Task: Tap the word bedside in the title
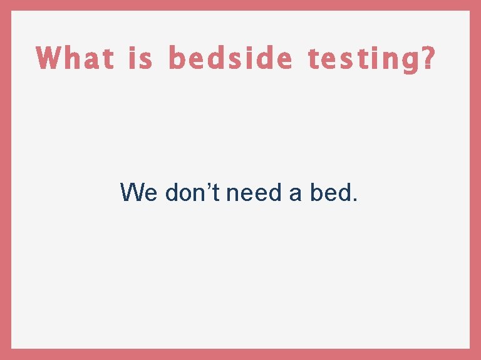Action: point(230,59)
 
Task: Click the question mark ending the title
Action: point(427,59)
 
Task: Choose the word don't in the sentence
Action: point(192,192)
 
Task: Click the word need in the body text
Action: point(254,192)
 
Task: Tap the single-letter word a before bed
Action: point(296,193)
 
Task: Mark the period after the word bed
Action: point(355,200)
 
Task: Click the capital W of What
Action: point(48,59)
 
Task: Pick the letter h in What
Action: point(72,59)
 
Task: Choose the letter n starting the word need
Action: point(232,193)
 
